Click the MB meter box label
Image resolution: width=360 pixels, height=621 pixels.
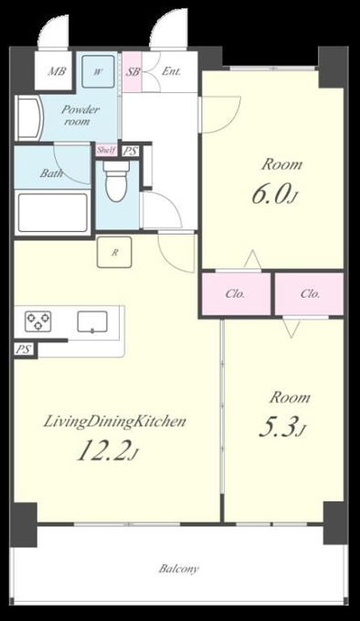pyautogui.click(x=57, y=71)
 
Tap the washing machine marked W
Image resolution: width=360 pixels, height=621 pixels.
pyautogui.click(x=98, y=71)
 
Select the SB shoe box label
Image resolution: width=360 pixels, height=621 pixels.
pyautogui.click(x=132, y=72)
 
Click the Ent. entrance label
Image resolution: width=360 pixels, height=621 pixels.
pyautogui.click(x=171, y=71)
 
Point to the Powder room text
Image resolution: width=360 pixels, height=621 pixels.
pyautogui.click(x=80, y=115)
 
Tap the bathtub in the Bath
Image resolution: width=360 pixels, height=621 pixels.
pyautogui.click(x=53, y=213)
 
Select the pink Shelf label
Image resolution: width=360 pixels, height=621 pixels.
pyautogui.click(x=107, y=150)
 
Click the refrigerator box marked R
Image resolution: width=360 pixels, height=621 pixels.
pyautogui.click(x=114, y=252)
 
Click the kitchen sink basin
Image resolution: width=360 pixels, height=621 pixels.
pyautogui.click(x=92, y=321)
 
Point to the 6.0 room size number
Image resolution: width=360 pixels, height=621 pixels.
pyautogui.click(x=270, y=194)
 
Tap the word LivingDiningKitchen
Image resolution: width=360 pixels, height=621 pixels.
pyautogui.click(x=114, y=421)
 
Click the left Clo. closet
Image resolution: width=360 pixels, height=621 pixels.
pyautogui.click(x=236, y=294)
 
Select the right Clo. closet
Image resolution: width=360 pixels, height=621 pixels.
pyautogui.click(x=310, y=294)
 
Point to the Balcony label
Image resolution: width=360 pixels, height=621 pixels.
pyautogui.click(x=179, y=569)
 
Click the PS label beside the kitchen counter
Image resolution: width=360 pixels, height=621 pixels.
pyautogui.click(x=24, y=350)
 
